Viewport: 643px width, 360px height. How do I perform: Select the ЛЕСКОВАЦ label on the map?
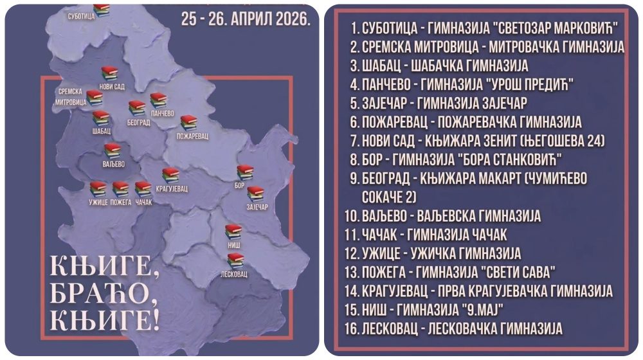[235, 273]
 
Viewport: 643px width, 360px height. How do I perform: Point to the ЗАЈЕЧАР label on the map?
[257, 207]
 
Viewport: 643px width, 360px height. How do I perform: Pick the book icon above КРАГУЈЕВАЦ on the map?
[170, 174]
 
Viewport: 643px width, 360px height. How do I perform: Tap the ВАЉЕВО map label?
[113, 164]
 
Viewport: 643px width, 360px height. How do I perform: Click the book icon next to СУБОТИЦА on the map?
[101, 10]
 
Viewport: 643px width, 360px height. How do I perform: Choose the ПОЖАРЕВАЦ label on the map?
[193, 137]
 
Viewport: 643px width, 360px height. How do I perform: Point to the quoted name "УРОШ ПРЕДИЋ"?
[530, 84]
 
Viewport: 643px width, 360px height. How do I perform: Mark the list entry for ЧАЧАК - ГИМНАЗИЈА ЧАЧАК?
[426, 233]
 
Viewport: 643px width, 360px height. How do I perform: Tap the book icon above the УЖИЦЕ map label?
[98, 188]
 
